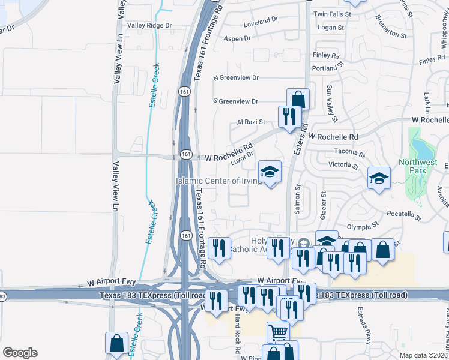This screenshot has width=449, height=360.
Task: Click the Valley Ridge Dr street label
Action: tap(150, 26)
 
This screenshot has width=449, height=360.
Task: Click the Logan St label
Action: tap(331, 28)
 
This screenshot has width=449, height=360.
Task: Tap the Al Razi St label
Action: tap(251, 122)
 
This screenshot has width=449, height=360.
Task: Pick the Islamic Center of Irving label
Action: tap(218, 181)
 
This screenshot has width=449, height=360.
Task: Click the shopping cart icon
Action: tap(278, 331)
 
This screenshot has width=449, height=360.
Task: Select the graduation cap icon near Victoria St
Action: tap(379, 178)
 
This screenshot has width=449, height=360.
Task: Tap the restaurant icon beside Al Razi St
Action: tap(289, 116)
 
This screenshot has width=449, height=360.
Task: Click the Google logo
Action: tap(19, 353)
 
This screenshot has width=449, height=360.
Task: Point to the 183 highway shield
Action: tap(3, 296)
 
